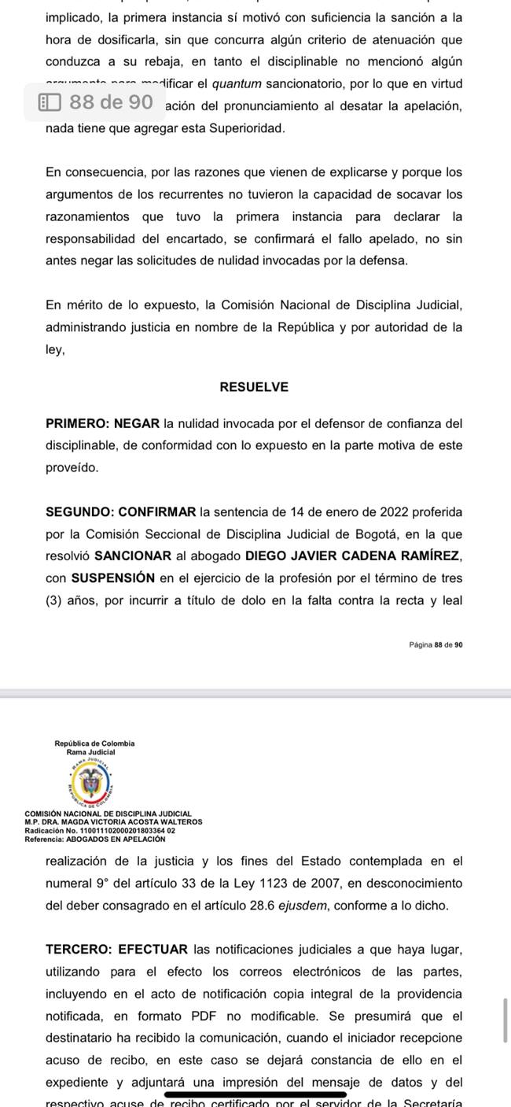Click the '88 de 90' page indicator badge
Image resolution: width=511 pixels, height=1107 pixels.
pos(94,102)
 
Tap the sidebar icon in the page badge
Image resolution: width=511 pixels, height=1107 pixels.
pos(50,102)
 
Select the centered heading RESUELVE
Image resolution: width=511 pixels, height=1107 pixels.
pos(254,387)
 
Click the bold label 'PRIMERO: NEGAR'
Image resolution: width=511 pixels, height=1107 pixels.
pos(103,423)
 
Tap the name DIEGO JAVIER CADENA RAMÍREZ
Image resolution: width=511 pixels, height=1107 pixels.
pos(354,556)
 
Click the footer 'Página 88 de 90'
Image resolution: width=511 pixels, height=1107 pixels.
pos(436,644)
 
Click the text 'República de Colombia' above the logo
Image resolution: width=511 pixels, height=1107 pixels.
pos(94,743)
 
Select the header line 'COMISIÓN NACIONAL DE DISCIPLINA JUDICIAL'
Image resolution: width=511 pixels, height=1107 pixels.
pos(108,814)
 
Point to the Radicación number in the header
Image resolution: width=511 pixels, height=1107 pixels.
pos(101,830)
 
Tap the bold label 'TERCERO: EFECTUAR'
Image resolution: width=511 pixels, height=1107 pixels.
pos(117,950)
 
